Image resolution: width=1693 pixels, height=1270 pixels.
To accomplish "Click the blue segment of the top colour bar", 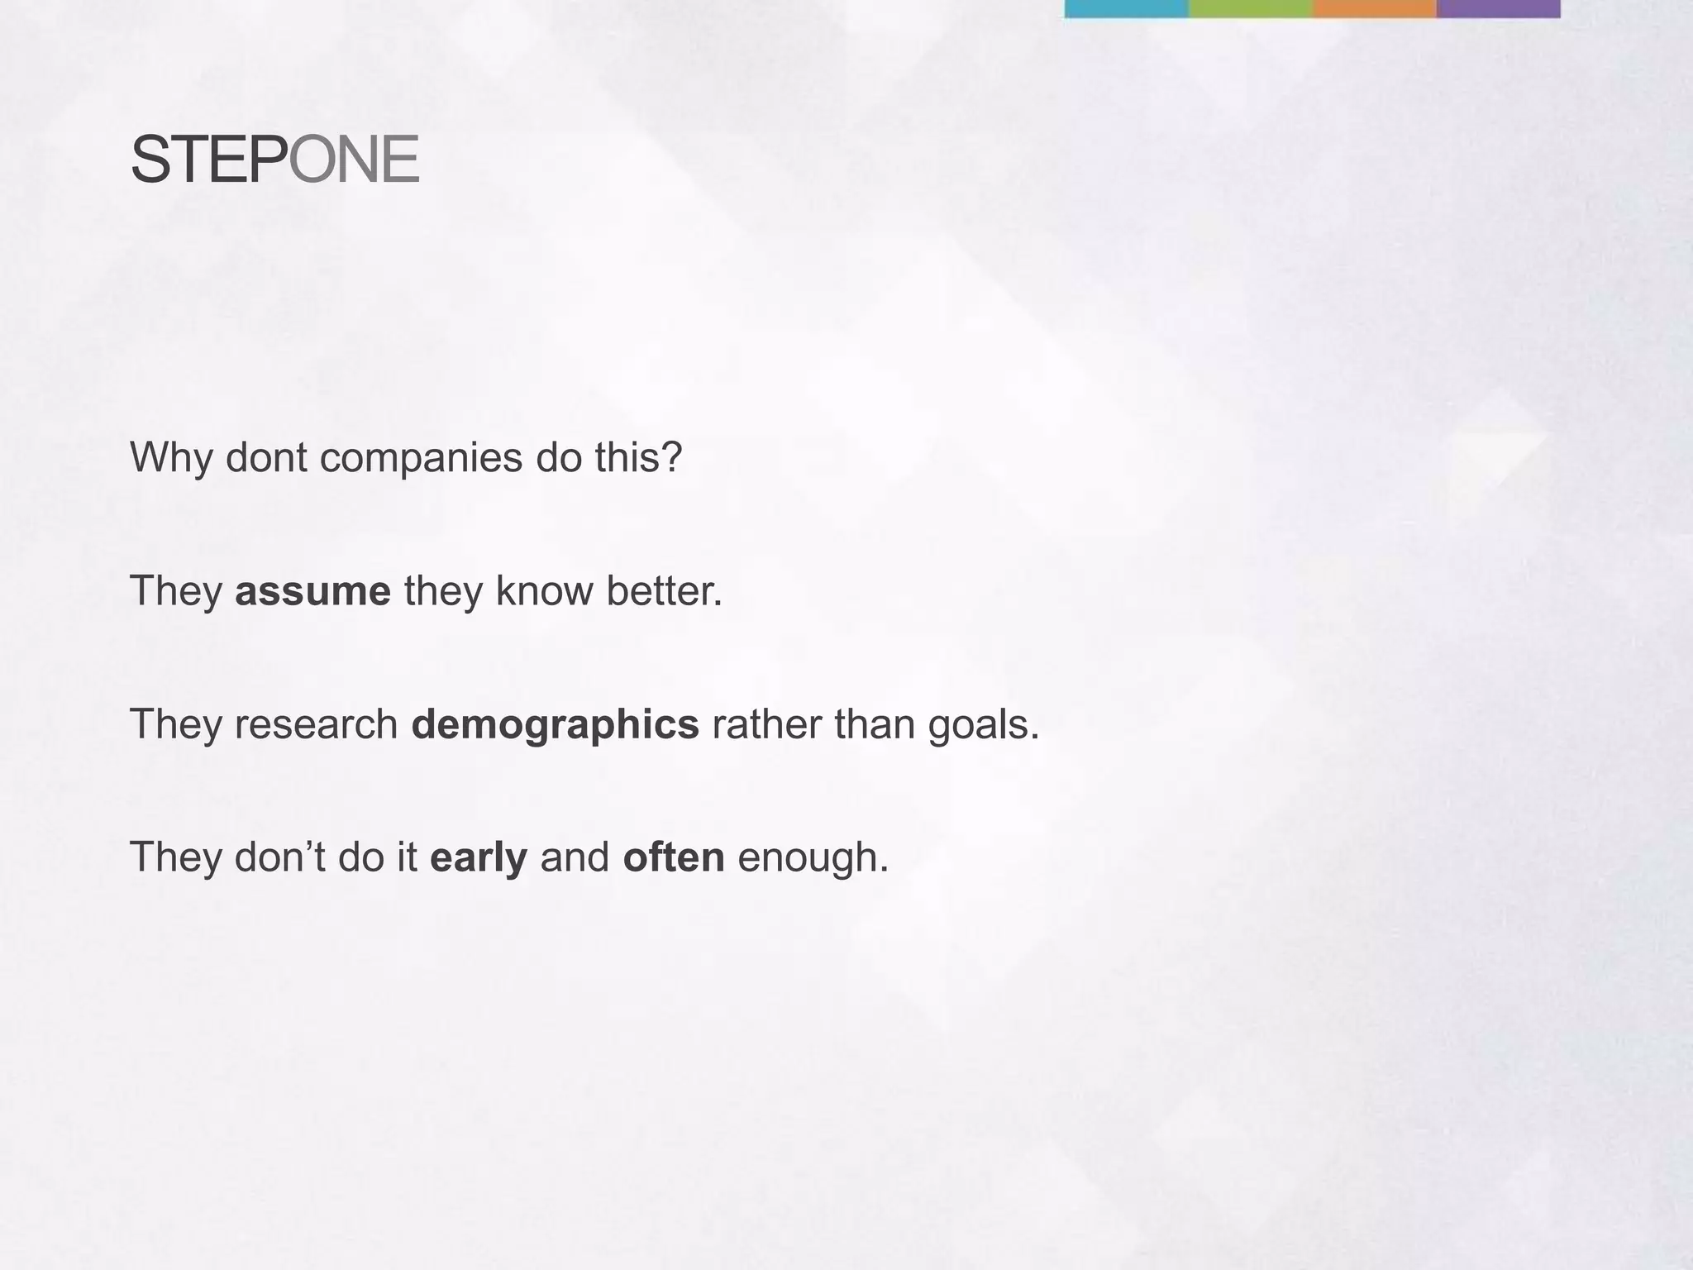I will click(x=1126, y=8).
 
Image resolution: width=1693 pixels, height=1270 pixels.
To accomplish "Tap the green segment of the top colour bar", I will click(x=1250, y=8).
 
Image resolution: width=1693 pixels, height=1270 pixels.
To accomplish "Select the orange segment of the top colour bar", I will click(x=1374, y=8).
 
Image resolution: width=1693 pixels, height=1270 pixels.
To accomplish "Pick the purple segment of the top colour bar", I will click(x=1498, y=8).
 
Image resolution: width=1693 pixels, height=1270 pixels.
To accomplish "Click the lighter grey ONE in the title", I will click(x=354, y=160).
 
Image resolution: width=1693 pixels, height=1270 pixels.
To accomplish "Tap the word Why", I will click(x=171, y=458).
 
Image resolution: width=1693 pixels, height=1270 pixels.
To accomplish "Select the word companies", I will click(x=421, y=458).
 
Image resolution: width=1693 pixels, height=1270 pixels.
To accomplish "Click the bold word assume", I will click(x=312, y=591).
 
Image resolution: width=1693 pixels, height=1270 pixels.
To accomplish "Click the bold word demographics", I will click(x=555, y=725).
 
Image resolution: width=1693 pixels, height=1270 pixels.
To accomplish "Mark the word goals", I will click(x=982, y=725).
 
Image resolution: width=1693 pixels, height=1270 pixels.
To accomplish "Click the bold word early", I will click(x=478, y=857).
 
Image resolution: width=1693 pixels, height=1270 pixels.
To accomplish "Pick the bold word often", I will click(x=673, y=857).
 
